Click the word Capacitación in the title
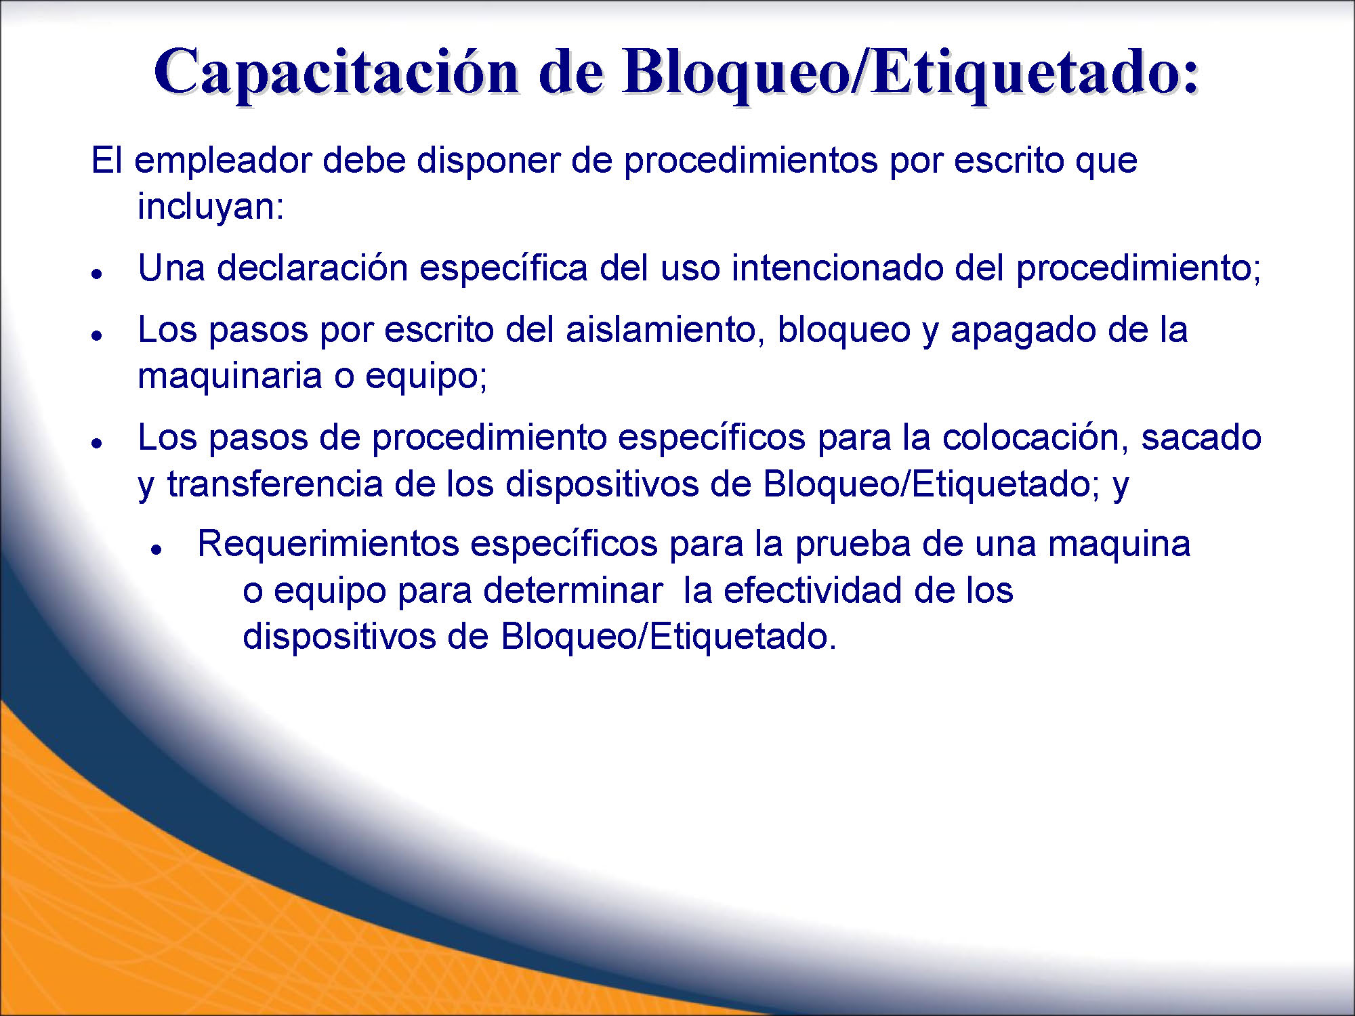337,73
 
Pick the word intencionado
837,268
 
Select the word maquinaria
230,376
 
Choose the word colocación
1029,438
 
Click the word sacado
1201,438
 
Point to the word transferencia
274,484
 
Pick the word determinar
572,591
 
